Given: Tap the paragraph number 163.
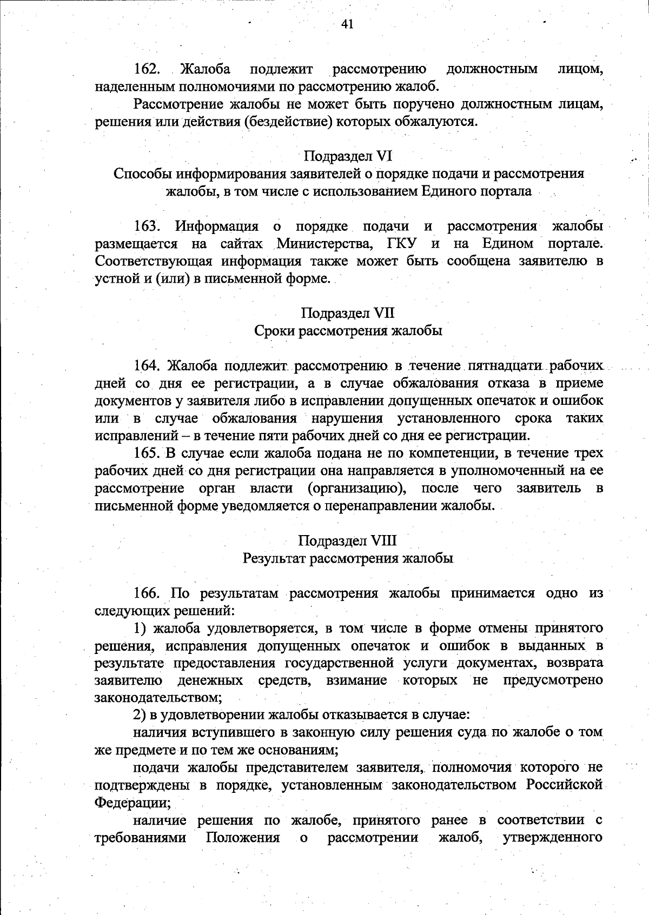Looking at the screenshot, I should pos(148,226).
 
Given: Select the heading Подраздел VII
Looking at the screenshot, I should pos(348,313).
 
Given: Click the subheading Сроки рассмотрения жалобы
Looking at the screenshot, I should pos(348,330).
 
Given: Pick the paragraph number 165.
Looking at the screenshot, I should pos(148,453).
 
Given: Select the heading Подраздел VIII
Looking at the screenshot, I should pos(348,540).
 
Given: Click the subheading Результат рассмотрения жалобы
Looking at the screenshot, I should pos(348,558).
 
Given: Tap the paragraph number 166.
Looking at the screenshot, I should pos(148,593).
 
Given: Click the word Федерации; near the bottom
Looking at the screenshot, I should pos(133,802).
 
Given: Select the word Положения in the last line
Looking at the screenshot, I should pos(243,838).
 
